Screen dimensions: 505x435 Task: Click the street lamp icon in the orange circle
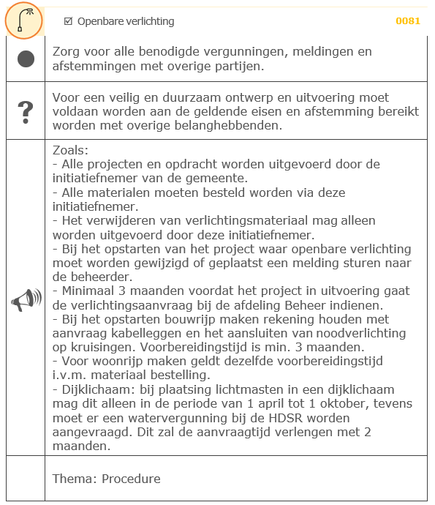point(23,20)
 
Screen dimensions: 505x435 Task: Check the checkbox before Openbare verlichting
point(68,21)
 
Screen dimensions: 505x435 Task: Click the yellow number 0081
point(408,21)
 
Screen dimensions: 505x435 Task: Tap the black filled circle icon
point(26,59)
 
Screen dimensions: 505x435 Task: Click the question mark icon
point(26,112)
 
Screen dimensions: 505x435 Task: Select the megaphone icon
point(26,299)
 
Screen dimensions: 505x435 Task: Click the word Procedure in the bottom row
point(131,479)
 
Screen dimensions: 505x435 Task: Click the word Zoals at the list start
point(71,149)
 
